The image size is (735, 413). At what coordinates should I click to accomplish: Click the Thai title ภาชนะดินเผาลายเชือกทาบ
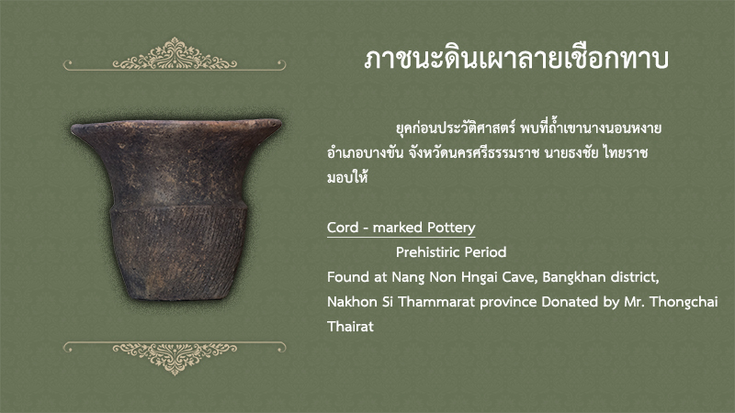pyautogui.click(x=516, y=60)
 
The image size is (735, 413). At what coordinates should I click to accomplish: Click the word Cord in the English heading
pyautogui.click(x=343, y=228)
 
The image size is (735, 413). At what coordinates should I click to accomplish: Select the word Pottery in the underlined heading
pyautogui.click(x=450, y=228)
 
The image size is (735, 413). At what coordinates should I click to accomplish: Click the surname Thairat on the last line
pyautogui.click(x=350, y=327)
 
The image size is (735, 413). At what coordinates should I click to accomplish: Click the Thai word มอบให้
pyautogui.click(x=347, y=177)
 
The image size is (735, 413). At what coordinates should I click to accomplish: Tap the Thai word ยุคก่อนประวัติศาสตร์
pyautogui.click(x=456, y=128)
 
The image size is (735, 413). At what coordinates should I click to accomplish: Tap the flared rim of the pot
pyautogui.click(x=176, y=127)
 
